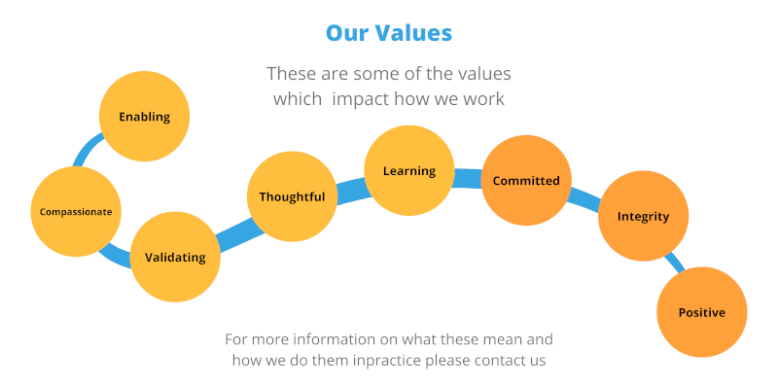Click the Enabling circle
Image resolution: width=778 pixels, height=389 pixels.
(x=144, y=116)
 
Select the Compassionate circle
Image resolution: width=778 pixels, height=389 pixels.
(x=76, y=211)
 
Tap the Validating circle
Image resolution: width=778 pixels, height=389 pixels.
(x=175, y=257)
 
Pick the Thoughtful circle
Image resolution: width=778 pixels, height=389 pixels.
(x=293, y=196)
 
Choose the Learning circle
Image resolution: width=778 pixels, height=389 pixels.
(x=409, y=171)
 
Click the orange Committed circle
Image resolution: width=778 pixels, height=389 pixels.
(x=526, y=181)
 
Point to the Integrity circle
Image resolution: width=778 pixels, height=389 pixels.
(x=643, y=216)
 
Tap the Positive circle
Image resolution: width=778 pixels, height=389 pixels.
(x=702, y=312)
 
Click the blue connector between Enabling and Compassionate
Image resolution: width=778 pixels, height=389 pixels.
(x=86, y=147)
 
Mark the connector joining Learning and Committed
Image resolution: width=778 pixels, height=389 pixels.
(x=468, y=178)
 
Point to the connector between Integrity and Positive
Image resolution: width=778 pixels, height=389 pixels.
(x=676, y=262)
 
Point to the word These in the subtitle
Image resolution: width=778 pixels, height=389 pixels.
(x=291, y=74)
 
